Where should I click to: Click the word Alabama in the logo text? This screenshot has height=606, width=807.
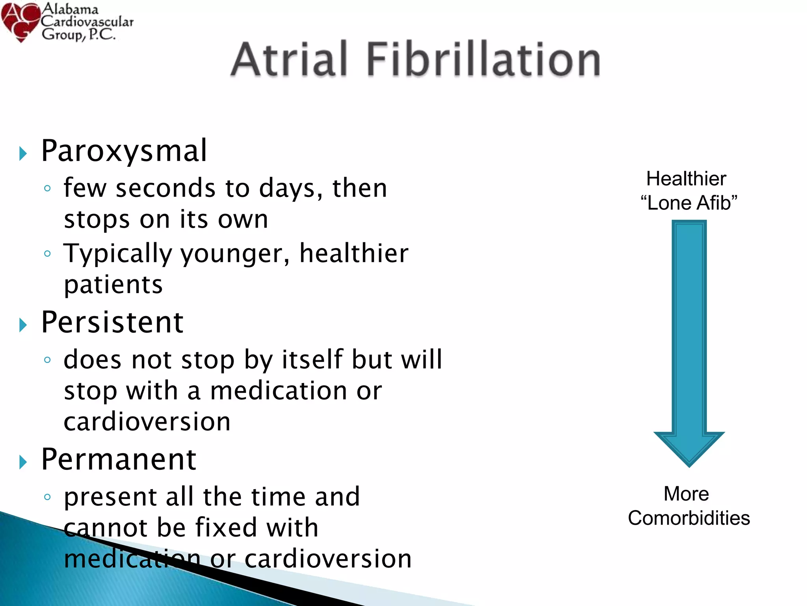click(70, 9)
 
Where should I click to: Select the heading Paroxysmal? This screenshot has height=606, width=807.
click(124, 151)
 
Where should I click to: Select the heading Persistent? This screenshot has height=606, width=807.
click(112, 322)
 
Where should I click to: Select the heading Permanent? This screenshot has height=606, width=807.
click(119, 459)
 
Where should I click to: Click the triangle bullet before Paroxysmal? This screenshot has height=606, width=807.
click(23, 153)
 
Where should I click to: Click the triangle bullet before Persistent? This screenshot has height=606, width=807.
click(23, 325)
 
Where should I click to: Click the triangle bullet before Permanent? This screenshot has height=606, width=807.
click(23, 462)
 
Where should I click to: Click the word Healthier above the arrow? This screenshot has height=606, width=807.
click(686, 179)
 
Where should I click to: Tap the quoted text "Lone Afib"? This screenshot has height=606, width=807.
click(688, 203)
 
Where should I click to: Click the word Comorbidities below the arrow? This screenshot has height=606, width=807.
click(688, 518)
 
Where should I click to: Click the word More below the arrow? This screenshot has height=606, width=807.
click(686, 494)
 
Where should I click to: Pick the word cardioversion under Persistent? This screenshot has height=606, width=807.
click(147, 422)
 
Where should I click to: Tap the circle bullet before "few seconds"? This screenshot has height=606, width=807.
click(47, 188)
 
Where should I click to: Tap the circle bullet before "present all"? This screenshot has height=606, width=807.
click(47, 497)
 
